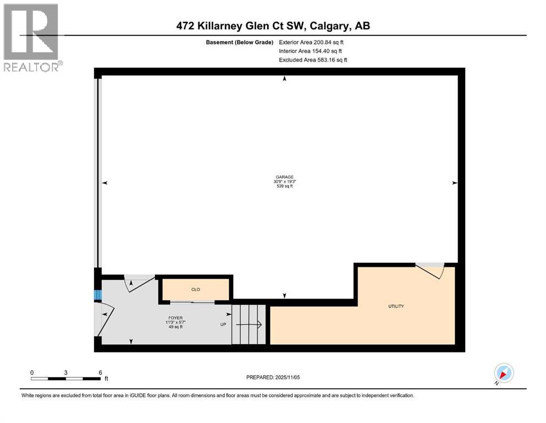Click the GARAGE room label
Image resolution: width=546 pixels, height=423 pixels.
click(x=284, y=177)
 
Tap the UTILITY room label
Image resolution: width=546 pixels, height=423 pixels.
click(x=396, y=306)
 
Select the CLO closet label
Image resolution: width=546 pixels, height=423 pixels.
click(x=195, y=289)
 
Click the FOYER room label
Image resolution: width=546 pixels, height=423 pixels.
click(x=175, y=318)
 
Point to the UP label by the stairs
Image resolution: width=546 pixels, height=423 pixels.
click(x=223, y=324)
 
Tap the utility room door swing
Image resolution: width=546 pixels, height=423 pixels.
click(x=430, y=270)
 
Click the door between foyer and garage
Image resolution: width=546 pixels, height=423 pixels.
click(x=139, y=281)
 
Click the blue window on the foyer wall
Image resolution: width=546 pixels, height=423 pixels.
click(x=98, y=295)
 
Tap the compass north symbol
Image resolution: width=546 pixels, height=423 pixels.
click(x=503, y=373)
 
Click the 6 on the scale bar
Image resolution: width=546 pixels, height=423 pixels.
click(x=100, y=372)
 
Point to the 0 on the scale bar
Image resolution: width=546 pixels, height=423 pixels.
click(x=32, y=372)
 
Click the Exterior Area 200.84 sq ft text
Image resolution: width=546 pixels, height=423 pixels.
click(x=313, y=42)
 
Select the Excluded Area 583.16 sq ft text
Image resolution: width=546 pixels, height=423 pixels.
click(x=313, y=59)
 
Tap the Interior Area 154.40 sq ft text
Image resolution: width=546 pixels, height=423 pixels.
click(x=312, y=51)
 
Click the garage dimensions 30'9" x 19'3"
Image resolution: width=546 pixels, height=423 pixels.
click(x=284, y=182)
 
